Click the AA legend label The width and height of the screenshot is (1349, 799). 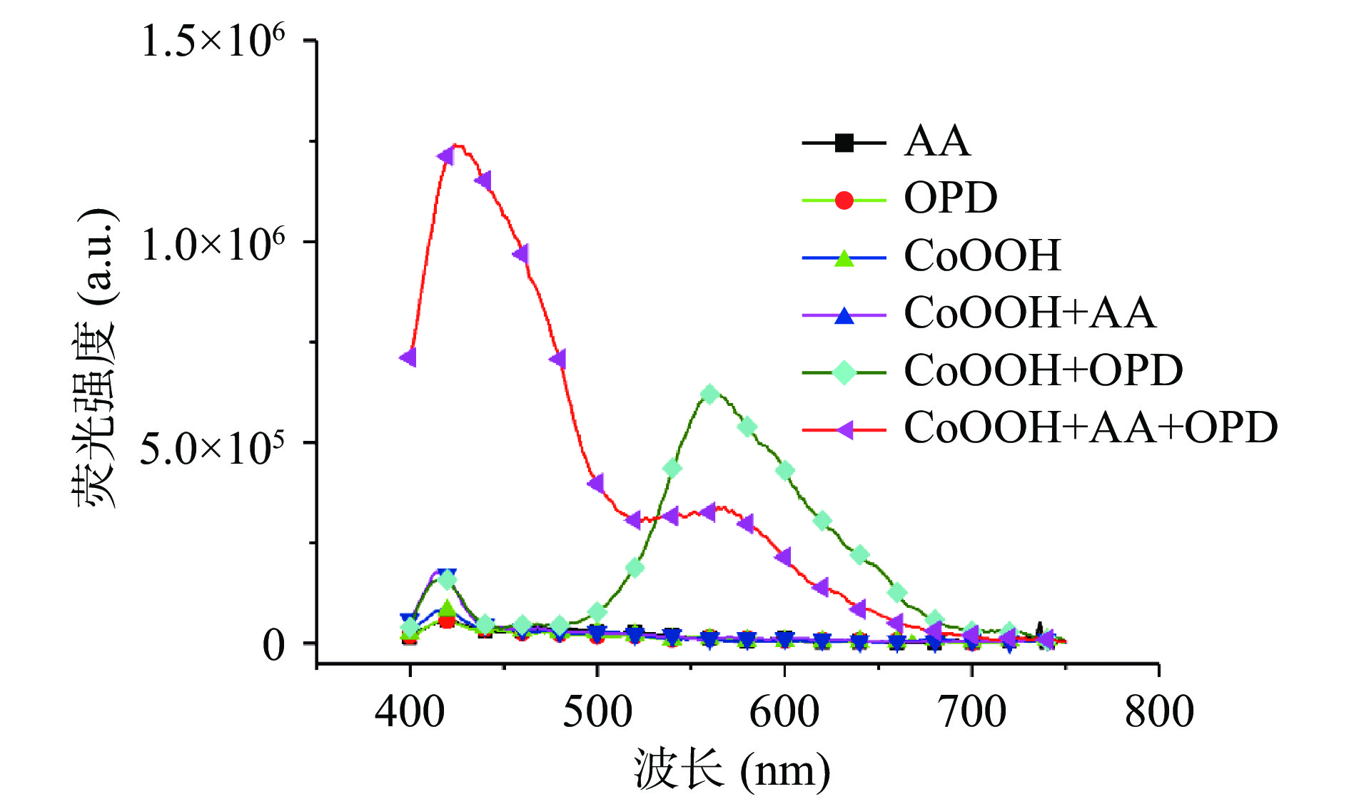[937, 141]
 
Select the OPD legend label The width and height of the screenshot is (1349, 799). [950, 198]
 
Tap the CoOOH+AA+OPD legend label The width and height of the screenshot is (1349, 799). [1090, 428]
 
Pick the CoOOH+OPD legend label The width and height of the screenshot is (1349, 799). [1043, 370]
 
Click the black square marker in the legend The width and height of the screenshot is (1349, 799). [844, 143]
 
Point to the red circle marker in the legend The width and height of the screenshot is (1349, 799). [844, 200]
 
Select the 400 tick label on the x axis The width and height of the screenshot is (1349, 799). [410, 711]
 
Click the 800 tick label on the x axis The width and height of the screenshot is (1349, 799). [1159, 711]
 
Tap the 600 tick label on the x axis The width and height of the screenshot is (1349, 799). [784, 711]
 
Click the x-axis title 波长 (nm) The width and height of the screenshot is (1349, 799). [732, 771]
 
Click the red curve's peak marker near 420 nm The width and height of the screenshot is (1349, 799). [447, 156]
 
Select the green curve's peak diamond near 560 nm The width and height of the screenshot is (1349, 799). [709, 394]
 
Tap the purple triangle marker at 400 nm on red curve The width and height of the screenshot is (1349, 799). [409, 357]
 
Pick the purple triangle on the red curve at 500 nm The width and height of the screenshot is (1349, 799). [597, 483]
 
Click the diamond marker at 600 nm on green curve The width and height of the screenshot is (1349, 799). [784, 471]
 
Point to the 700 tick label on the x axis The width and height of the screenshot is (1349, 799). [972, 711]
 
